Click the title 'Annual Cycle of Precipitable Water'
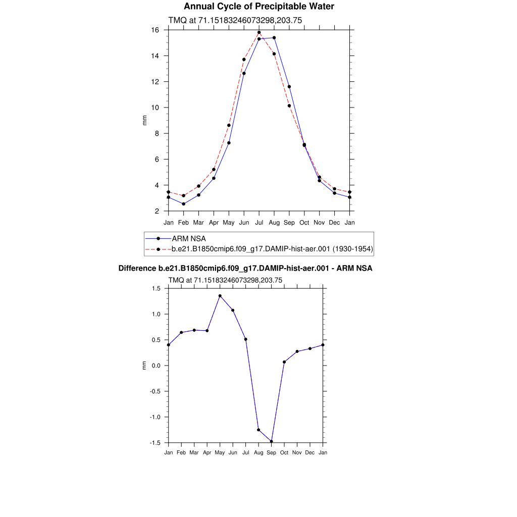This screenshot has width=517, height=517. coord(258,7)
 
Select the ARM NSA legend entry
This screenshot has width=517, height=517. coord(189,238)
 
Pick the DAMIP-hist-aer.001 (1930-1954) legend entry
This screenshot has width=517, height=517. coord(272,248)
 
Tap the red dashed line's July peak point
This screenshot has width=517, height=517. coord(259,32)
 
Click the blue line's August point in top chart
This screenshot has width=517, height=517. coord(274,37)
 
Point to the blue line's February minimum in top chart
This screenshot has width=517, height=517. coord(184,204)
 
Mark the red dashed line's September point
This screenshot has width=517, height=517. coord(289,106)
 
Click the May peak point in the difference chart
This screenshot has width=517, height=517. coord(220,296)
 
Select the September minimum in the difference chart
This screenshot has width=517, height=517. coord(272,441)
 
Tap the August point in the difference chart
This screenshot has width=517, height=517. coord(258,430)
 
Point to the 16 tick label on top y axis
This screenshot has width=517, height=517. coord(156,30)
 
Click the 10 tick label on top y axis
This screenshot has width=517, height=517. coord(156,108)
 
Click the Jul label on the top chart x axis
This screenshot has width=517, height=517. coord(259,222)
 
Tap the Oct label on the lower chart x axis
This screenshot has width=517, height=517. coord(284,452)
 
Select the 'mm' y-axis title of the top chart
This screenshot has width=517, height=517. coord(144,120)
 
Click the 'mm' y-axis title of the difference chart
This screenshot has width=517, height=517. coord(144,365)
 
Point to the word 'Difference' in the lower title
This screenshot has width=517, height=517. coord(134,268)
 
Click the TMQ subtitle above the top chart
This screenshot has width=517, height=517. coord(235,20)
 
